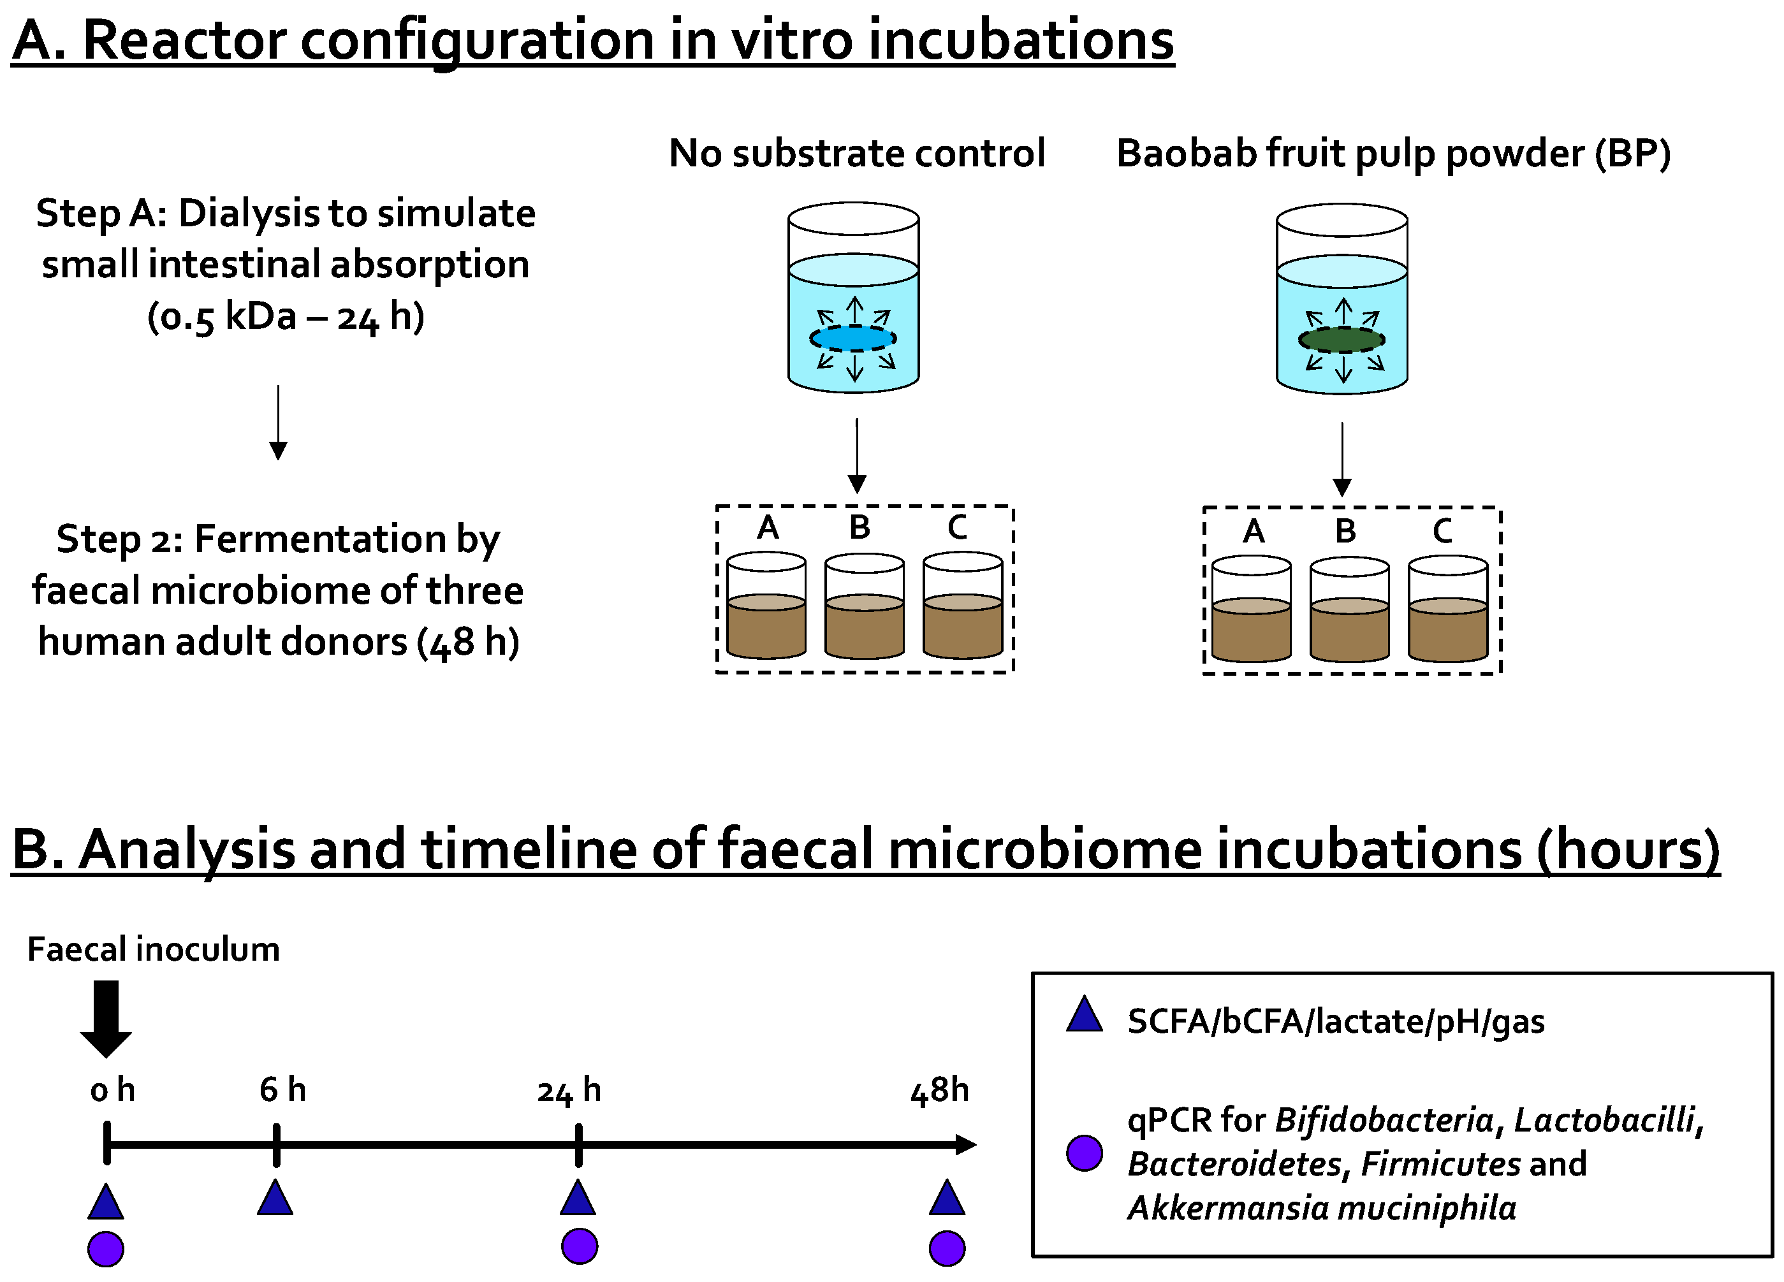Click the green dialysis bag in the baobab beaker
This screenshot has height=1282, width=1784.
(x=1341, y=340)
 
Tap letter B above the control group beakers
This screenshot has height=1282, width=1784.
(x=859, y=527)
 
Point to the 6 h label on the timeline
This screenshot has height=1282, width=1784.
(x=282, y=1089)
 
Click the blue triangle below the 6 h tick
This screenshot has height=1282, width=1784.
(x=275, y=1199)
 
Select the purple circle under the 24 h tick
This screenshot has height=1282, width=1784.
(x=579, y=1246)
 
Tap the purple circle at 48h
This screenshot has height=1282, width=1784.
(x=946, y=1248)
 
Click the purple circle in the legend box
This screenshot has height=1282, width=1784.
(x=1084, y=1153)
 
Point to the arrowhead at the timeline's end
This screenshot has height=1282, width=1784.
(x=966, y=1144)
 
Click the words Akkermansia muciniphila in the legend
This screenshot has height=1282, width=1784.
(x=1322, y=1208)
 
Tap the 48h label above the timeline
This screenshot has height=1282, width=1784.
(x=939, y=1090)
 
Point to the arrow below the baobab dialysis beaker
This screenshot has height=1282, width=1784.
(x=1342, y=460)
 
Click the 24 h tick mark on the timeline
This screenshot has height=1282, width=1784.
(x=579, y=1144)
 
